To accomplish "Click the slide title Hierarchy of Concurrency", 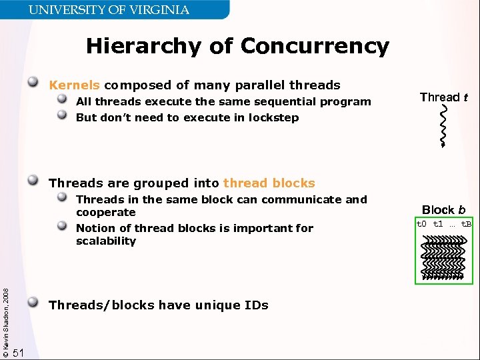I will (237, 46).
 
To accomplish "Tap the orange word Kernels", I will (75, 85).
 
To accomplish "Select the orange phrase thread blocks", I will (269, 183).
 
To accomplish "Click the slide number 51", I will (19, 353).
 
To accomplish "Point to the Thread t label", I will (443, 97).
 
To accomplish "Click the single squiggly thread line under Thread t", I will (442, 127).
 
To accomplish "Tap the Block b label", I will (443, 210).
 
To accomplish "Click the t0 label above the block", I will (422, 224).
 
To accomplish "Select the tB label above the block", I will (466, 224).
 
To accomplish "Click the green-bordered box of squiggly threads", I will (443, 257).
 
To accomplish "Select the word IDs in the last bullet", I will (255, 305).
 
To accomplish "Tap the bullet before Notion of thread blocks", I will (62, 227).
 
